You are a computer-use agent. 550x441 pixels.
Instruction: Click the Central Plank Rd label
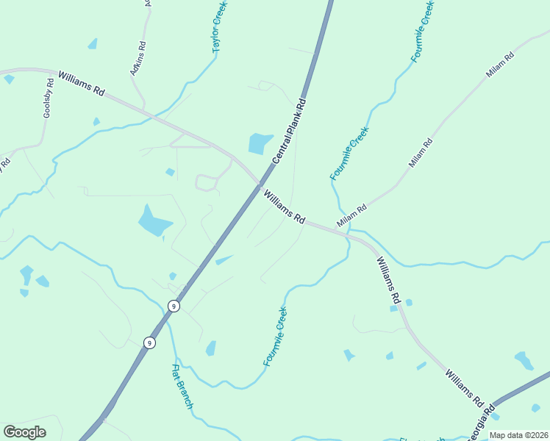point(289,131)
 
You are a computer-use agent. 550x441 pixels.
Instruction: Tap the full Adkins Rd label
point(137,58)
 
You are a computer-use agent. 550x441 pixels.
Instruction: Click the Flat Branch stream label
point(182,387)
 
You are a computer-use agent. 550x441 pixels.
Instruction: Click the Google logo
point(24,432)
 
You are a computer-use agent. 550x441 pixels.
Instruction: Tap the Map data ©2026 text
point(518,435)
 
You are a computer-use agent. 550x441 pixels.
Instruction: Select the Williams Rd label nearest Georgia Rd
point(464,387)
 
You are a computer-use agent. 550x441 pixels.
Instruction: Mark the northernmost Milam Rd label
point(500,66)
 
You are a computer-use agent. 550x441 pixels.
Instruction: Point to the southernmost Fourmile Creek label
point(275,336)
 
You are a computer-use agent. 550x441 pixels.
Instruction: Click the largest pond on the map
point(154,220)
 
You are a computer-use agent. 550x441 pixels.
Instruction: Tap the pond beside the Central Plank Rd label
point(260,143)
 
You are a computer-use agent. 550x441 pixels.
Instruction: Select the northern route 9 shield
point(174,306)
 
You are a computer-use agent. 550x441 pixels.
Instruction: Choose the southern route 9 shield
point(149,343)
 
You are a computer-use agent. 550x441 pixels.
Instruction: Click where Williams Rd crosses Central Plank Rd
point(261,184)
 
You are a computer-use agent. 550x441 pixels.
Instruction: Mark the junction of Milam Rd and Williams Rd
point(346,234)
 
